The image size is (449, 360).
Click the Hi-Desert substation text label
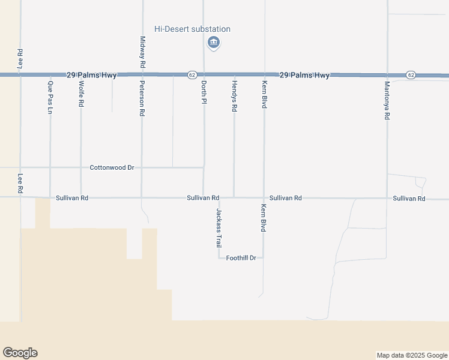tap(192, 29)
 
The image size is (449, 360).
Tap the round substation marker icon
tap(213, 42)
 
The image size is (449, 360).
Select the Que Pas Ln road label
tap(50, 93)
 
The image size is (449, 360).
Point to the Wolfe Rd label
tap(81, 95)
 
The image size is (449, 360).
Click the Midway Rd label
tap(142, 51)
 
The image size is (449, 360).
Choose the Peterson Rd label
tap(142, 98)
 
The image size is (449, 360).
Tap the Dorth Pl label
tap(203, 92)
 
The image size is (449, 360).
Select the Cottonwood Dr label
tap(112, 167)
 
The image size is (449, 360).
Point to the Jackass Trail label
tap(219, 228)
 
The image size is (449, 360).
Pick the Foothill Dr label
tap(241, 258)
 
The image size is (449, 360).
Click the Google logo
tap(20, 353)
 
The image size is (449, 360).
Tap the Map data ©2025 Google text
tap(412, 355)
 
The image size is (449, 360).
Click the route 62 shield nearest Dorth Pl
tap(191, 75)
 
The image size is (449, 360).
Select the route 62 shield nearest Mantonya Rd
tap(411, 75)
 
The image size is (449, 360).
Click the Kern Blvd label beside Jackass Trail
tap(263, 217)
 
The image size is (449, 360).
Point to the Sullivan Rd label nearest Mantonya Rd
tap(409, 198)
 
